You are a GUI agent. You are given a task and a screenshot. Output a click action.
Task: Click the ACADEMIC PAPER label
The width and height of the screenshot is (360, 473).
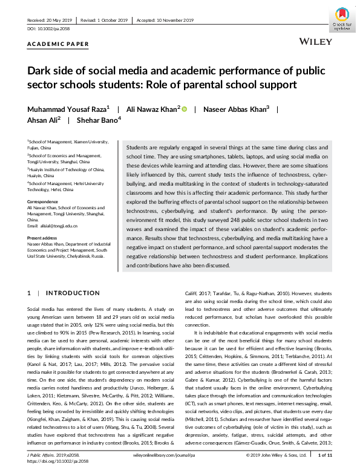[58, 44]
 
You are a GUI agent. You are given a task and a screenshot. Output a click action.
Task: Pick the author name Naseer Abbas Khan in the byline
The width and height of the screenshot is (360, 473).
[234, 109]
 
